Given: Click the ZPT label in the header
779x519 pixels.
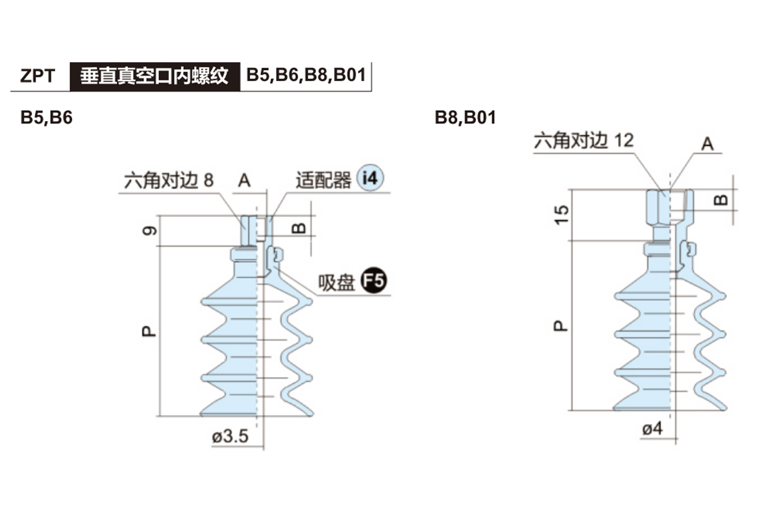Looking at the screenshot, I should pos(38,77).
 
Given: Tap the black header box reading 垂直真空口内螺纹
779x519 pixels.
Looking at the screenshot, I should pos(155,77).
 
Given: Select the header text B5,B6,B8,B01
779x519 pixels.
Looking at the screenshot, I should pos(306,76).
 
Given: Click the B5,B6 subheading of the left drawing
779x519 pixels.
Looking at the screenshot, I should pos(46,118).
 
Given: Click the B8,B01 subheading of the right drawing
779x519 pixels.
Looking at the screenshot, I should pos(465,118).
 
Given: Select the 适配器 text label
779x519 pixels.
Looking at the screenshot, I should pos(323,180).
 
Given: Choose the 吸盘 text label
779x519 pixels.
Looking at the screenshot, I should pos(336,283).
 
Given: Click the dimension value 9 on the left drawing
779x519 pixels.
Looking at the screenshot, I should pos(149,230).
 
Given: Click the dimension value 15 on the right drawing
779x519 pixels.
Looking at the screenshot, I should pos(562,214).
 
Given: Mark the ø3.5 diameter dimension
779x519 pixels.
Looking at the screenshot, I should pos(230,436).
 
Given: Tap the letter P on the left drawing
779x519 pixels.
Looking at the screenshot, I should pos(149,332).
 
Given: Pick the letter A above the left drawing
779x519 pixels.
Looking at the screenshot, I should pos(244,180).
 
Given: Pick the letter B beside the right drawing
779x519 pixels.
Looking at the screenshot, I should pos(721,199).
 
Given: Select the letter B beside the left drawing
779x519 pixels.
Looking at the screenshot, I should pos(298,228).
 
